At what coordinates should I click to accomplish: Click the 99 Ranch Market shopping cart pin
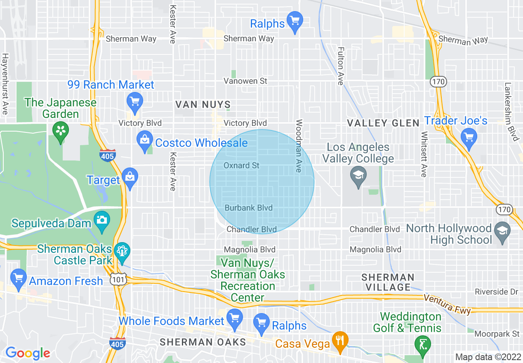pos(134,101)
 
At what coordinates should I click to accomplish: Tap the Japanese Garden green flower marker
pos(61,131)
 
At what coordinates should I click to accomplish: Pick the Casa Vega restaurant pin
pos(340,341)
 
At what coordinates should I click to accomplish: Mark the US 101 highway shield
pos(115,280)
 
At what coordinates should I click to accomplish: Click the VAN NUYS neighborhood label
pos(203,104)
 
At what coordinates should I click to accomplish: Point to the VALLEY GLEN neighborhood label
pos(383,123)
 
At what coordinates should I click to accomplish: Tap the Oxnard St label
pos(241,165)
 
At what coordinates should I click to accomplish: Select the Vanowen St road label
pos(245,81)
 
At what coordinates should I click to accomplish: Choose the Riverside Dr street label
pos(496,292)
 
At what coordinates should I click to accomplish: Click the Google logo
pos(28,353)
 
